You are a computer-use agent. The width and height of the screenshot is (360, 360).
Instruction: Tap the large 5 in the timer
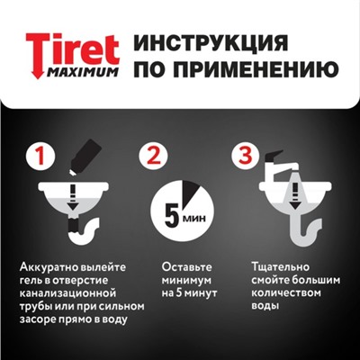172,214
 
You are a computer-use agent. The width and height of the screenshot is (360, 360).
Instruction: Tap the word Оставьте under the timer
187,266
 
